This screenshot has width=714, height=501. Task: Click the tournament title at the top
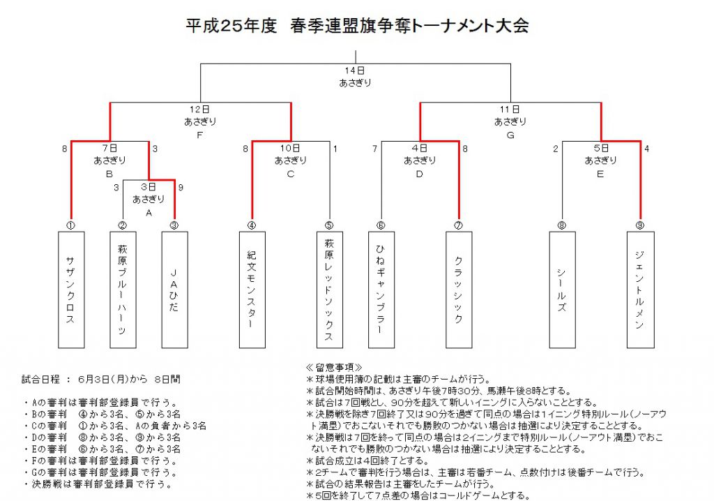357,26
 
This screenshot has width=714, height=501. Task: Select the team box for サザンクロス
71,290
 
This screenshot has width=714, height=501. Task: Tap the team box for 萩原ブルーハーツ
123,290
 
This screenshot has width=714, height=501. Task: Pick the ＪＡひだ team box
175,290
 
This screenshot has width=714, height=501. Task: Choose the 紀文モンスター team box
252,290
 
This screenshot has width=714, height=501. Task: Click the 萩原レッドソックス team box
330,290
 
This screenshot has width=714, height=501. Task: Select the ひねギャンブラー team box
381,290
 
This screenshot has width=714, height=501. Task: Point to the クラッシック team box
459,290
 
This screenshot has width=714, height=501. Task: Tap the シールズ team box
563,290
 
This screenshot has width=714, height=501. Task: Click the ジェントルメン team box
640,290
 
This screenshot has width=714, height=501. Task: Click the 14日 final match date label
355,70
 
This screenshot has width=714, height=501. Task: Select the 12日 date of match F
200,110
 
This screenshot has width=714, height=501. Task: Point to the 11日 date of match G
510,110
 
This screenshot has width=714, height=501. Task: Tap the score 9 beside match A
181,188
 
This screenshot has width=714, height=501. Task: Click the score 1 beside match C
335,149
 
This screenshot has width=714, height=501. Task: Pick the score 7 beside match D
374,149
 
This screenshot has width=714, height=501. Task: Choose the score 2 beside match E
556,149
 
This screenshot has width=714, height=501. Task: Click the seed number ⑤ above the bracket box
329,225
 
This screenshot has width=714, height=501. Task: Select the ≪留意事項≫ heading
334,368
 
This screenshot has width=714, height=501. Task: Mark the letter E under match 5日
600,174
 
